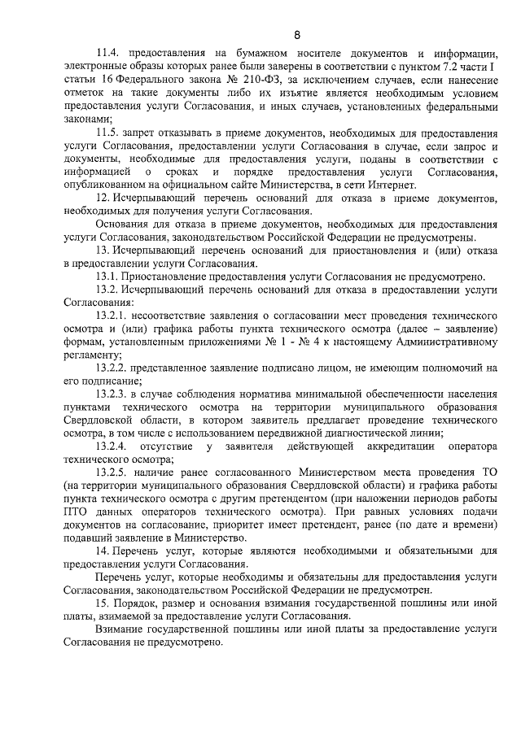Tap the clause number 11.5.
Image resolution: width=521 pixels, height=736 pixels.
[x=107, y=133]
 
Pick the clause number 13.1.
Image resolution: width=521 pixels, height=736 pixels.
[x=107, y=276]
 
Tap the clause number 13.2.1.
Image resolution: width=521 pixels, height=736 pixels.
[x=112, y=315]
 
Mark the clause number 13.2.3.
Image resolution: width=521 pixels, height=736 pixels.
[x=112, y=393]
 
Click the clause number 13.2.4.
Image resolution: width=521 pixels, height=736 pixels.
[x=112, y=445]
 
